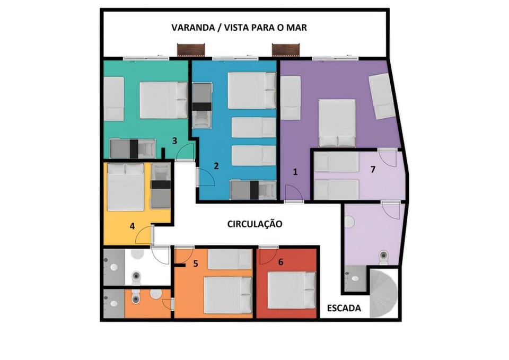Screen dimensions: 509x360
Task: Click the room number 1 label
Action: click(295, 172)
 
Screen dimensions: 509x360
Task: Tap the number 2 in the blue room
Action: click(216, 166)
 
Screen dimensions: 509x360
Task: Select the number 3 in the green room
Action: click(174, 141)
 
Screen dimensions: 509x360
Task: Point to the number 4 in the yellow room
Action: click(132, 226)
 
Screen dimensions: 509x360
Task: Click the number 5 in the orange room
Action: click(196, 264)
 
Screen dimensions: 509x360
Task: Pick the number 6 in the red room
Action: click(281, 261)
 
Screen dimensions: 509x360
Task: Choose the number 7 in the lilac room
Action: click(373, 170)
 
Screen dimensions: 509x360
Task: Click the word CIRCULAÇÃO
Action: click(254, 224)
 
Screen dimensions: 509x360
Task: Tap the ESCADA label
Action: click(344, 308)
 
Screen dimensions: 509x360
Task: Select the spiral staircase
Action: click(384, 294)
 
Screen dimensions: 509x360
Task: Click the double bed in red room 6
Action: click(292, 290)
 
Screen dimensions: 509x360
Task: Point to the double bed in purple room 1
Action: click(337, 124)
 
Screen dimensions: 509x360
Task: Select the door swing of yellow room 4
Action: click(144, 234)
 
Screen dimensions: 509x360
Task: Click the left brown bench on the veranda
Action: click(191, 50)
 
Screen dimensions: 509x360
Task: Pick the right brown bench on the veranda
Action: click(286, 50)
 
